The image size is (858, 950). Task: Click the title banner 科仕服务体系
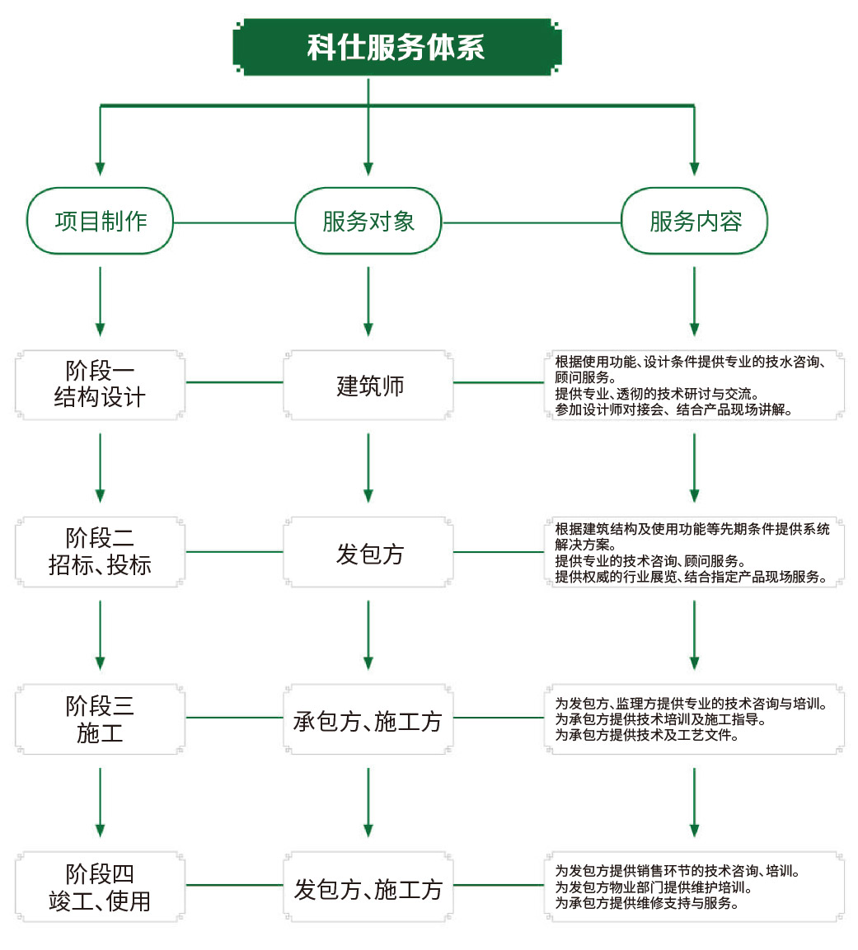coord(396,47)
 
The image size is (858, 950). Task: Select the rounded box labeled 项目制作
coord(101,221)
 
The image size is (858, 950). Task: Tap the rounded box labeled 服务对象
coord(368,221)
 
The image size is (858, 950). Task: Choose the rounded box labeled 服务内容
coord(695,221)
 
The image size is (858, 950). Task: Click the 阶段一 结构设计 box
coord(100,384)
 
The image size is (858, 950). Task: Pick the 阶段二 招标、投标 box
coord(100,552)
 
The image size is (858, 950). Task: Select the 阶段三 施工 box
coord(100,718)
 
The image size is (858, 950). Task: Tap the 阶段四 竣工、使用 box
coord(100,887)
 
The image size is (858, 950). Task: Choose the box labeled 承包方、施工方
coord(368,722)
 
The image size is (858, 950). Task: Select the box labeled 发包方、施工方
coord(368,889)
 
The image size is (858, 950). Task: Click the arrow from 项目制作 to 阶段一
coord(101,301)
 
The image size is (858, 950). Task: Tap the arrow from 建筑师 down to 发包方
coord(368,467)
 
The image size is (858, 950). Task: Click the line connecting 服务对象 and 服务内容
coord(532,222)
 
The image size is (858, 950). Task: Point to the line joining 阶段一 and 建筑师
coord(234,382)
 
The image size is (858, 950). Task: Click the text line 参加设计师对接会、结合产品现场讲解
coord(673,409)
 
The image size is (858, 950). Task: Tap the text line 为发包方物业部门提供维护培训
coord(653,887)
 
